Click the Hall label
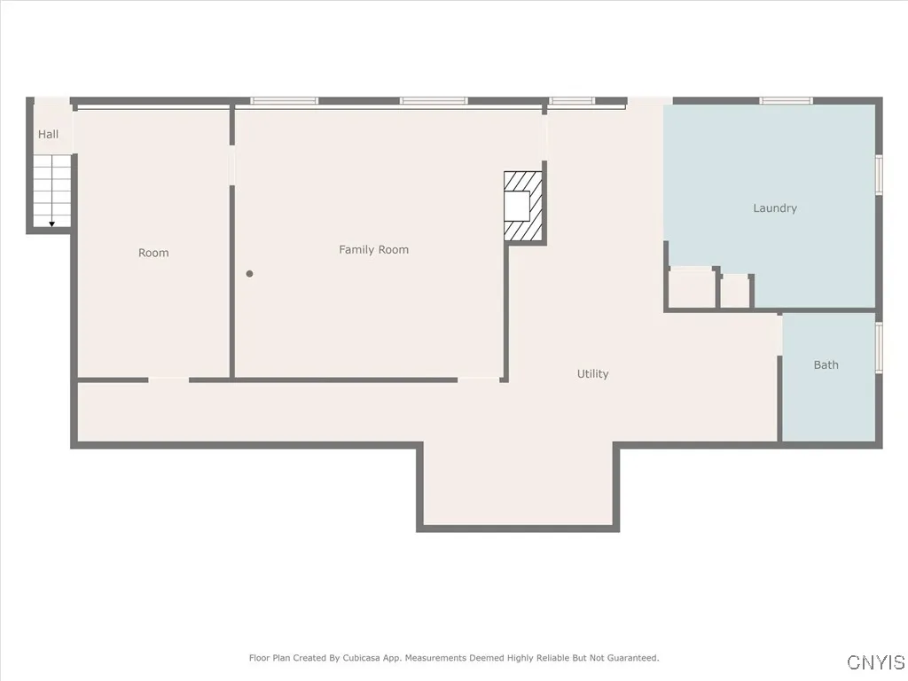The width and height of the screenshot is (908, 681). [x=48, y=134]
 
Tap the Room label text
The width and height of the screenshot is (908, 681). [x=153, y=253]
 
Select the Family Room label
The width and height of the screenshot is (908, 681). [x=373, y=250]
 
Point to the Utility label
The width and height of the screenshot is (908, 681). [x=592, y=374]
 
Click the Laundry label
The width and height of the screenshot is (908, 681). [x=775, y=208]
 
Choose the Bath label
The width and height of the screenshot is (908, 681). [x=826, y=364]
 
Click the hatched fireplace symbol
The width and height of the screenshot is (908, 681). [x=522, y=207]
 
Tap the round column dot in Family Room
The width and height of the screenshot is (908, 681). [x=250, y=274]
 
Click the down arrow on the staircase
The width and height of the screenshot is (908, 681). [x=52, y=223]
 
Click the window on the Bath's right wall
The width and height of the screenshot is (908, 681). [x=879, y=347]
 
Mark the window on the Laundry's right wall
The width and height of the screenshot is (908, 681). [x=879, y=174]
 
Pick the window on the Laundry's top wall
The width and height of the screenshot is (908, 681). [x=786, y=100]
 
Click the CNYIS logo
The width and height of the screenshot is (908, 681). [x=876, y=662]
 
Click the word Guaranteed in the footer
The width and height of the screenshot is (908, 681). [x=630, y=658]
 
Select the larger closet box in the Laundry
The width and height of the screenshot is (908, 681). [x=692, y=289]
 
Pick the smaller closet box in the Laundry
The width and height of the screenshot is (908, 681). [x=735, y=291]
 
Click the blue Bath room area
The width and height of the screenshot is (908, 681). [x=828, y=399]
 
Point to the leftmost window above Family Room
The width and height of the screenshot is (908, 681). [x=284, y=100]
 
